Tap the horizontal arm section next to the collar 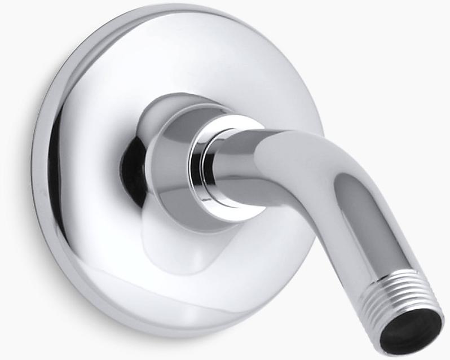pos(248,164)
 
